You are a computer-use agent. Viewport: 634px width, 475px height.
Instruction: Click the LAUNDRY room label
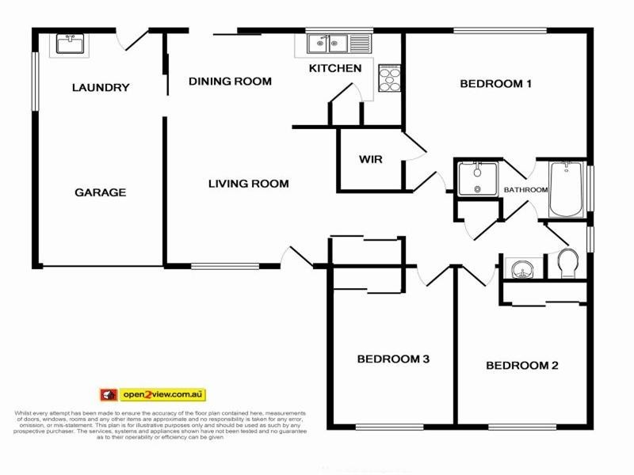[x=100, y=88]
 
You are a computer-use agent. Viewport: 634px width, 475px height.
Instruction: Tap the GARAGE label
[x=100, y=192]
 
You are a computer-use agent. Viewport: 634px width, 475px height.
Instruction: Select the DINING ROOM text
[x=230, y=82]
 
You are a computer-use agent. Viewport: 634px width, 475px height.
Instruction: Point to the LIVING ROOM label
[x=248, y=184]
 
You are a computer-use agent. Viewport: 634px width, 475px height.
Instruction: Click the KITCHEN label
[x=335, y=69]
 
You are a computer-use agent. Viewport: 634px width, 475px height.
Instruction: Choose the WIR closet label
[x=370, y=159]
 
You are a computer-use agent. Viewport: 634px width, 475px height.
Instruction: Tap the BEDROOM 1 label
[x=495, y=84]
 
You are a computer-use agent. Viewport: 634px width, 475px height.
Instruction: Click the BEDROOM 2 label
[x=522, y=366]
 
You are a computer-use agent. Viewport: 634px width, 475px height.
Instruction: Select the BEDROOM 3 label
[x=393, y=359]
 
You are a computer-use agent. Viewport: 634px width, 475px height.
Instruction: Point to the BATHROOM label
[x=525, y=190]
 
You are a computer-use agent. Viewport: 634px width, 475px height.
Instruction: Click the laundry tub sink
[x=70, y=44]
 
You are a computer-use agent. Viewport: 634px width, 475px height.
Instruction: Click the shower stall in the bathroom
[x=477, y=178]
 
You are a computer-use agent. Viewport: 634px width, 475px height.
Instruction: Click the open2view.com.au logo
[x=152, y=394]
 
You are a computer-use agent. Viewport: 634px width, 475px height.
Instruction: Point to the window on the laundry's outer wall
[x=34, y=80]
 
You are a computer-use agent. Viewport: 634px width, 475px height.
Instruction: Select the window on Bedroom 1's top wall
[x=499, y=31]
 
